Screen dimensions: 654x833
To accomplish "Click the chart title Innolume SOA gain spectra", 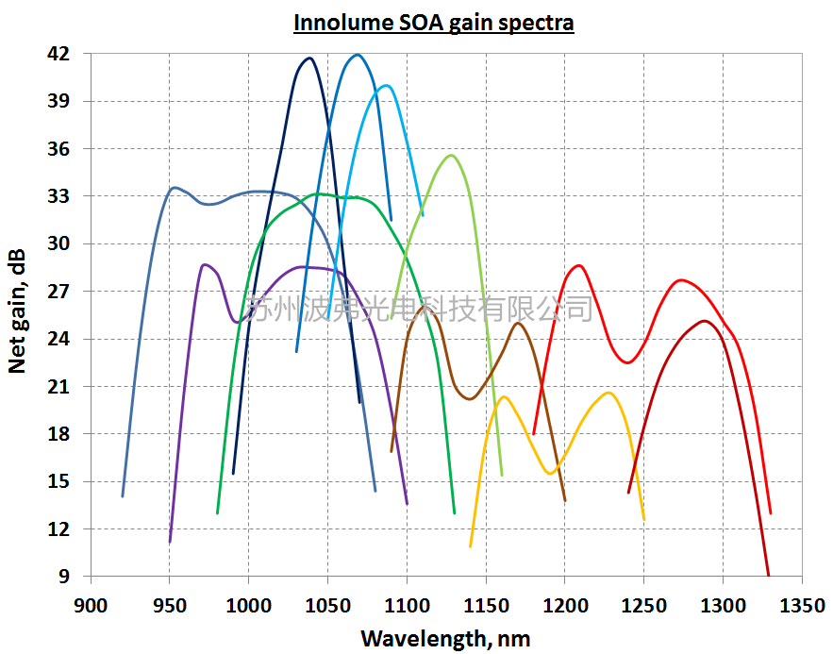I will pos(433,23).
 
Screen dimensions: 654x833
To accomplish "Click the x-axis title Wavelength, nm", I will pos(445,638).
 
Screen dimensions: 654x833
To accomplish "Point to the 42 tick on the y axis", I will pos(58,54).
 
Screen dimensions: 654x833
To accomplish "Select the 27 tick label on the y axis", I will pos(58,292).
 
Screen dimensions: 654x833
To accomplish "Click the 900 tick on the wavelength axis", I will pos(90,602).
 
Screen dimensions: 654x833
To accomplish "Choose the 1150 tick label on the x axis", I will pos(485,602).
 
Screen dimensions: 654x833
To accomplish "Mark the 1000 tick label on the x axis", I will pos(247,602).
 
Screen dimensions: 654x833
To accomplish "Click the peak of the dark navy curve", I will pos(309,59).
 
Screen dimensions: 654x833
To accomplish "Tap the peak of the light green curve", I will pos(451,155).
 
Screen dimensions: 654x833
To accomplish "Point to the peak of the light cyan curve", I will pos(385,85).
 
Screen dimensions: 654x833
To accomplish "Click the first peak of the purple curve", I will pos(205,264).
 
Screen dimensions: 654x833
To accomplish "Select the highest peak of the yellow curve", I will pos(608,393).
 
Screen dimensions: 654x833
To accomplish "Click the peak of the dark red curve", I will pos(705,321).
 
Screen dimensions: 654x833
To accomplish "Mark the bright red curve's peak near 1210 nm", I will pos(578,265).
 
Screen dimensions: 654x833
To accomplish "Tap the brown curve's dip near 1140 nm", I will pos(470,399).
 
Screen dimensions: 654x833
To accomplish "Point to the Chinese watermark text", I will pos(420,308).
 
